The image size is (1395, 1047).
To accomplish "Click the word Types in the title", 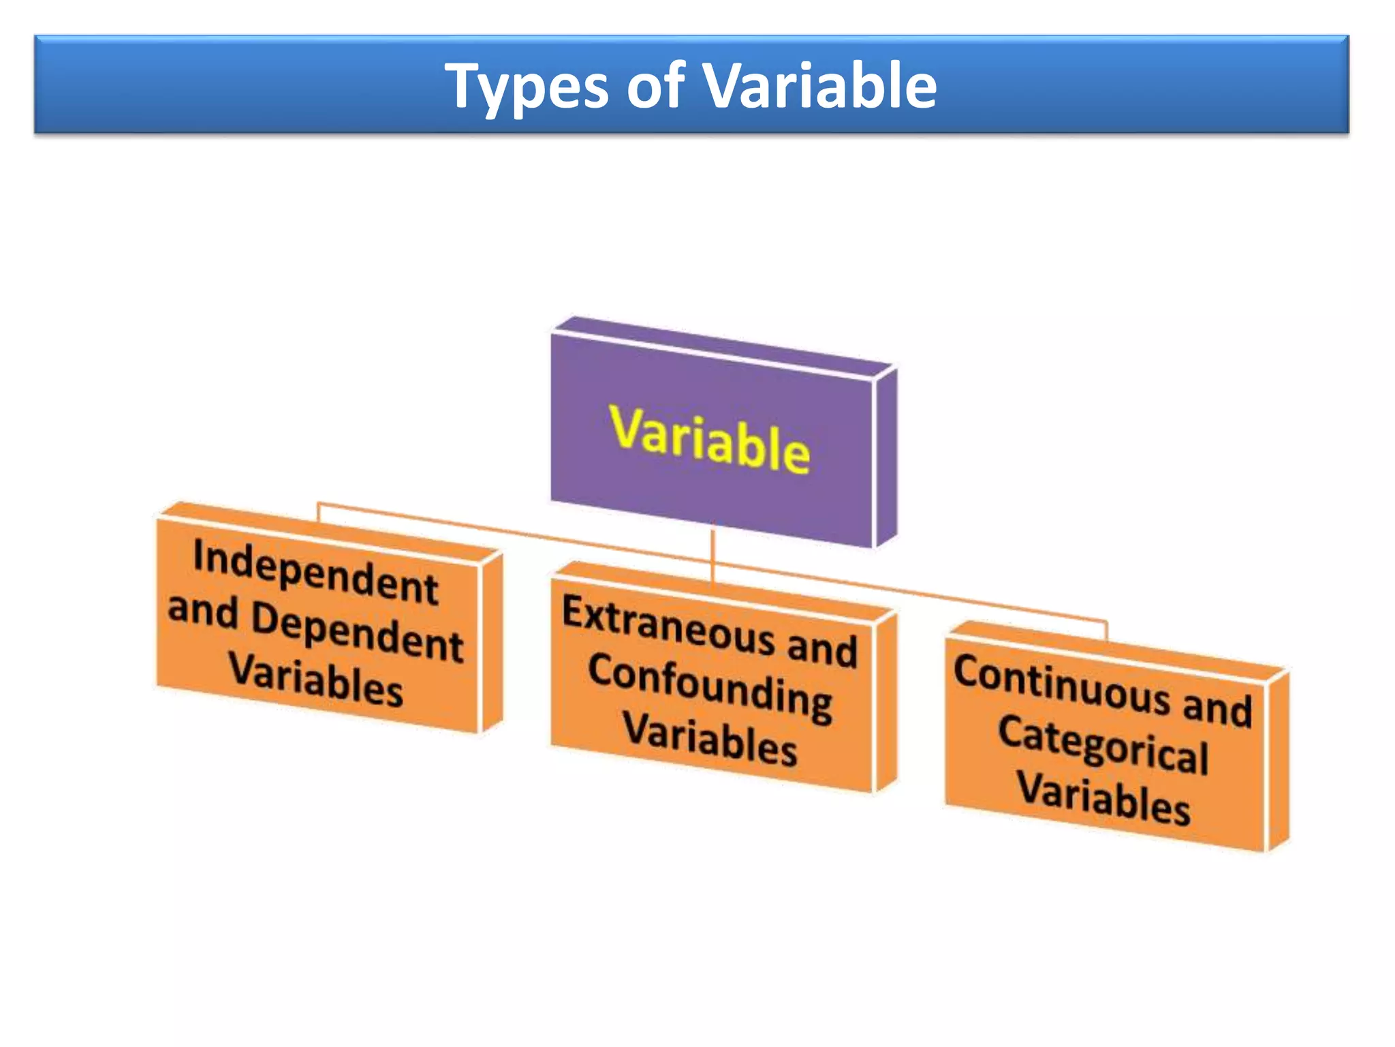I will pyautogui.click(x=526, y=87).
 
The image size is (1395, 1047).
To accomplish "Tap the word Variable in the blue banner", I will pyautogui.click(x=819, y=86).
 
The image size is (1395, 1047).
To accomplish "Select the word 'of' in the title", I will pyautogui.click(x=655, y=87).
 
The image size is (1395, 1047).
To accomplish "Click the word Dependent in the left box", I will pyautogui.click(x=357, y=631).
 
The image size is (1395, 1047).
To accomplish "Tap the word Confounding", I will pyautogui.click(x=709, y=687).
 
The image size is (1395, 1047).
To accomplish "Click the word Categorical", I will pyautogui.click(x=1103, y=745).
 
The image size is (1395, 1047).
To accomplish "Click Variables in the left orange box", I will pyautogui.click(x=315, y=680).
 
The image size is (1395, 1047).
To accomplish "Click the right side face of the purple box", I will pyautogui.click(x=885, y=457).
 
